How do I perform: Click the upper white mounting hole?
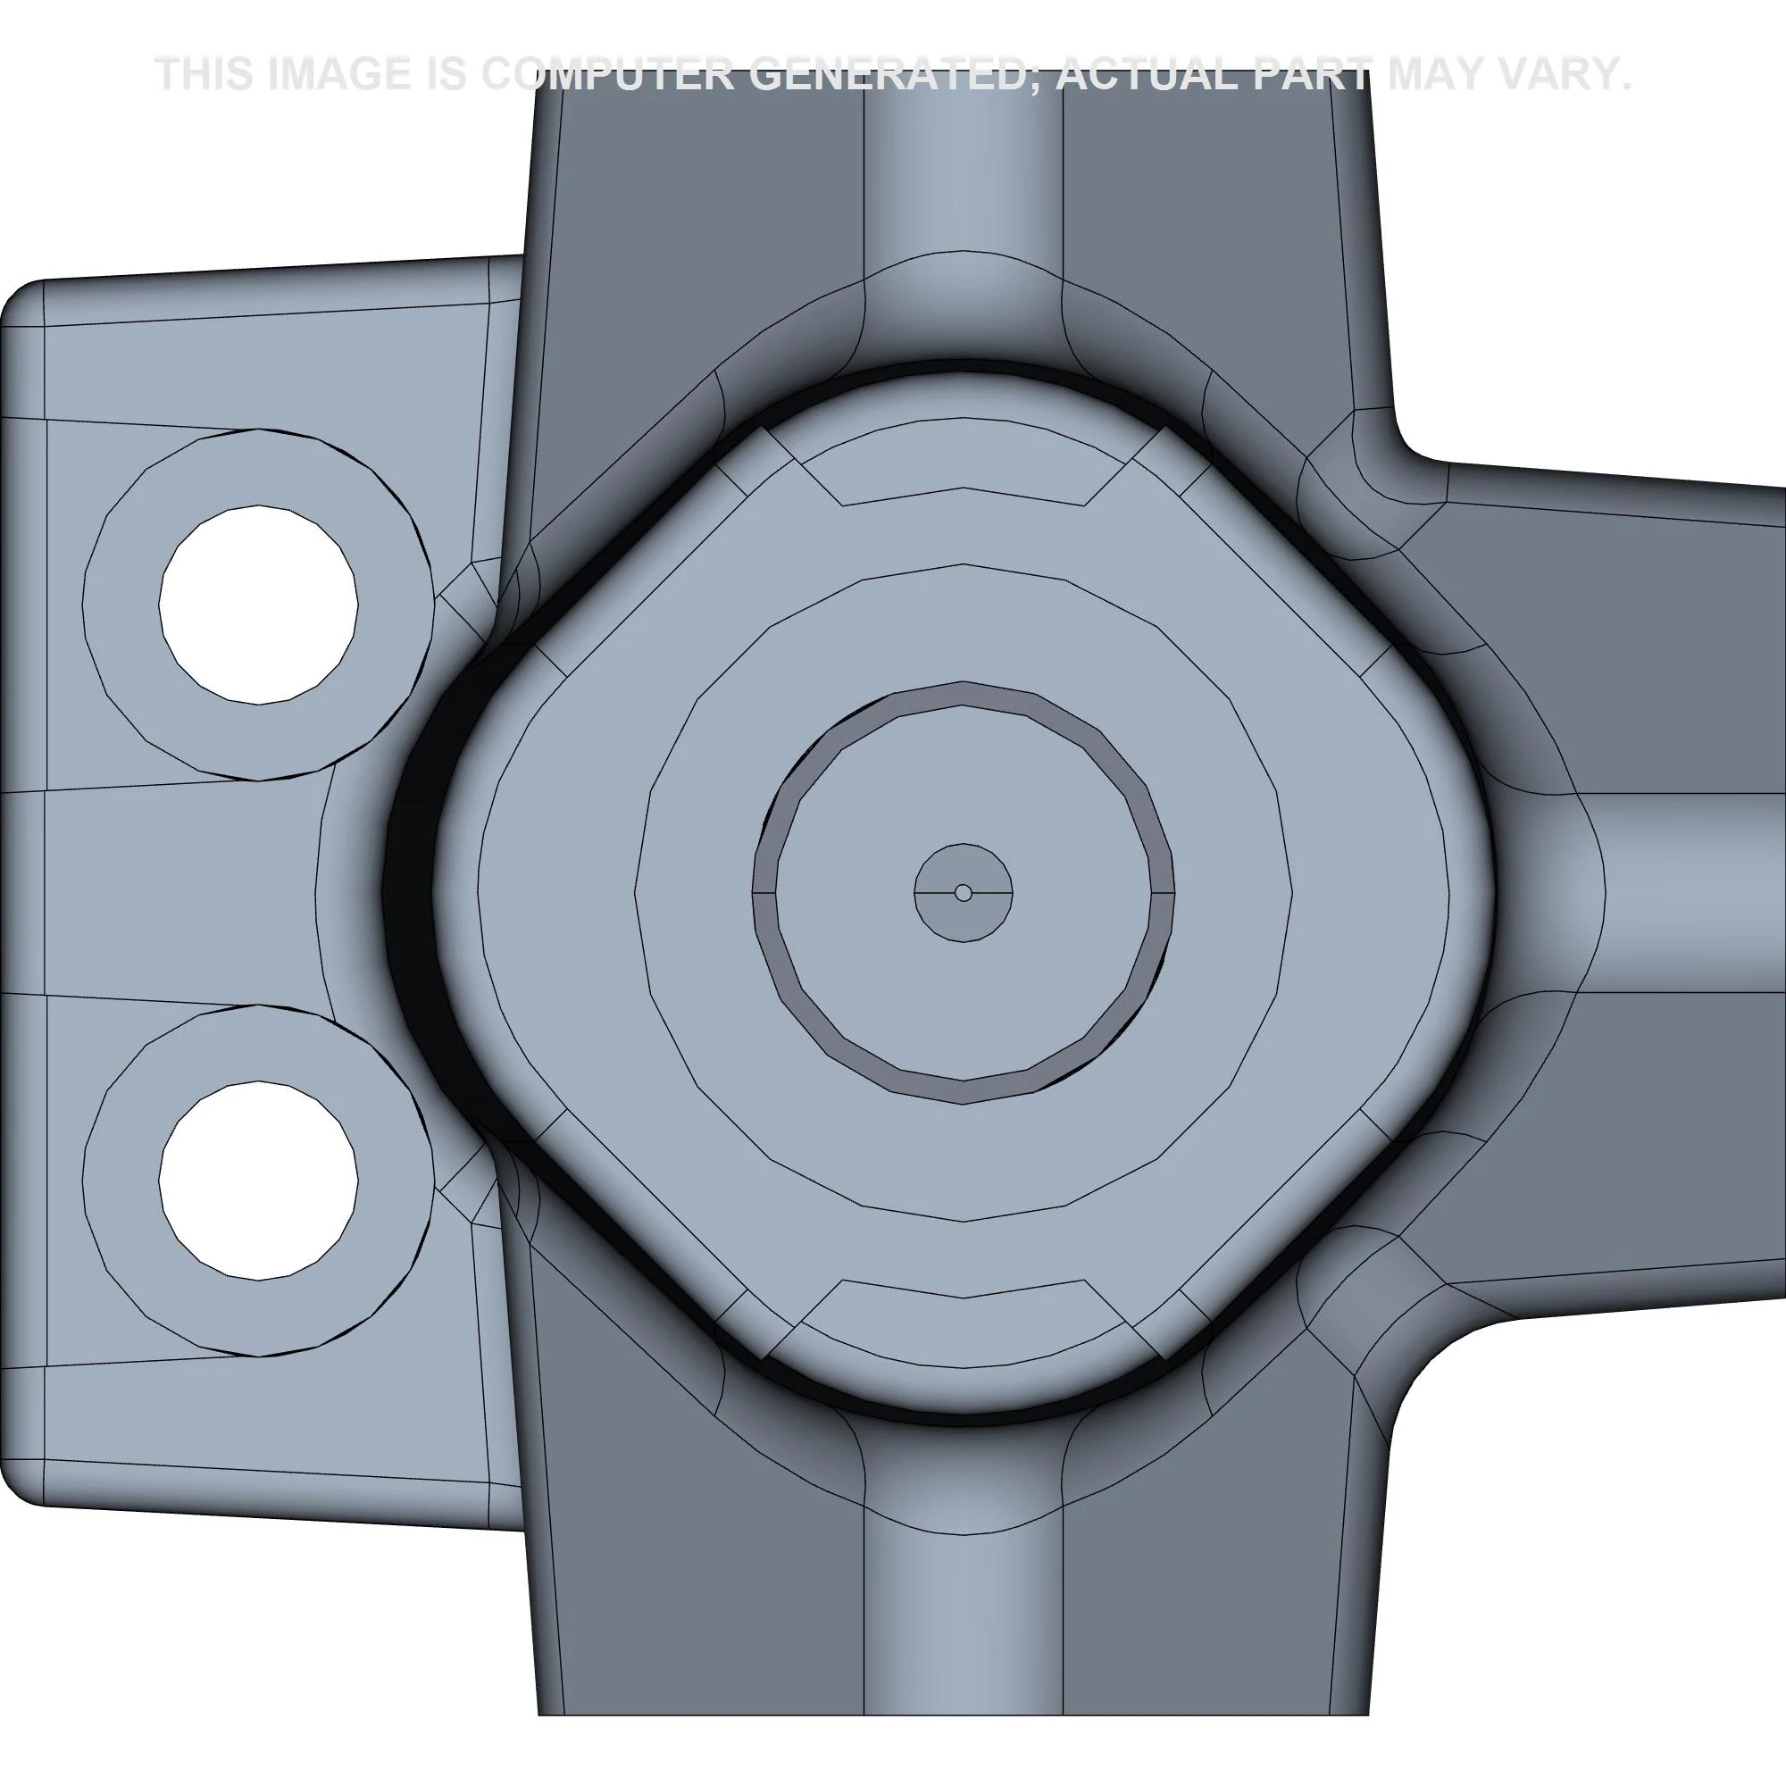[259, 605]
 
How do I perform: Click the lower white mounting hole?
[259, 1181]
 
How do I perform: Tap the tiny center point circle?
[964, 893]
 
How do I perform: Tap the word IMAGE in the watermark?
[338, 74]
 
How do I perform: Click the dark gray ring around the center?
[964, 692]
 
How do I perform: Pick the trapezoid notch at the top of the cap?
[964, 467]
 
